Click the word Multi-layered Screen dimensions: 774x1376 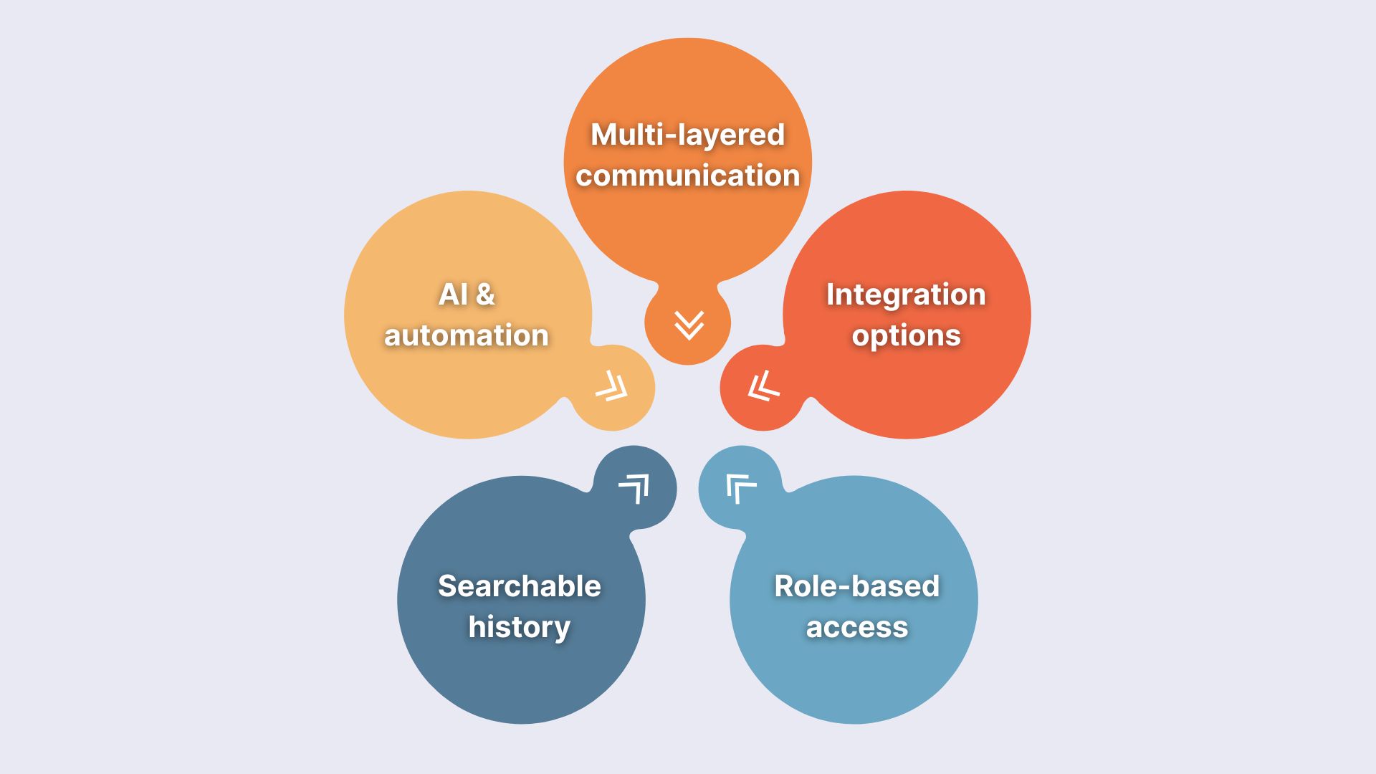687,135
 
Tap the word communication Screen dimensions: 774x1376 687,176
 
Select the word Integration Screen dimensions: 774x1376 906,295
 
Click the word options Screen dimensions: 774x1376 906,335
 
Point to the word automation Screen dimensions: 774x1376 467,335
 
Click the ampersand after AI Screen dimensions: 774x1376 485,295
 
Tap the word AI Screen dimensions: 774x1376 453,295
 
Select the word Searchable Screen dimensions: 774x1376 520,586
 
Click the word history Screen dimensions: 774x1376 520,627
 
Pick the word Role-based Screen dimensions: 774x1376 856,586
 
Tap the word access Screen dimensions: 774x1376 856,627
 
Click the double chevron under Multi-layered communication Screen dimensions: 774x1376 689,325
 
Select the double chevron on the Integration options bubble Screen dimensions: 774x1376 763,387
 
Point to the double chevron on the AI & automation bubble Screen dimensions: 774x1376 612,387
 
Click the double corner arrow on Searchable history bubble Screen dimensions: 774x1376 634,488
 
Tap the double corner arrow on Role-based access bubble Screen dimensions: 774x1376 740,488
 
